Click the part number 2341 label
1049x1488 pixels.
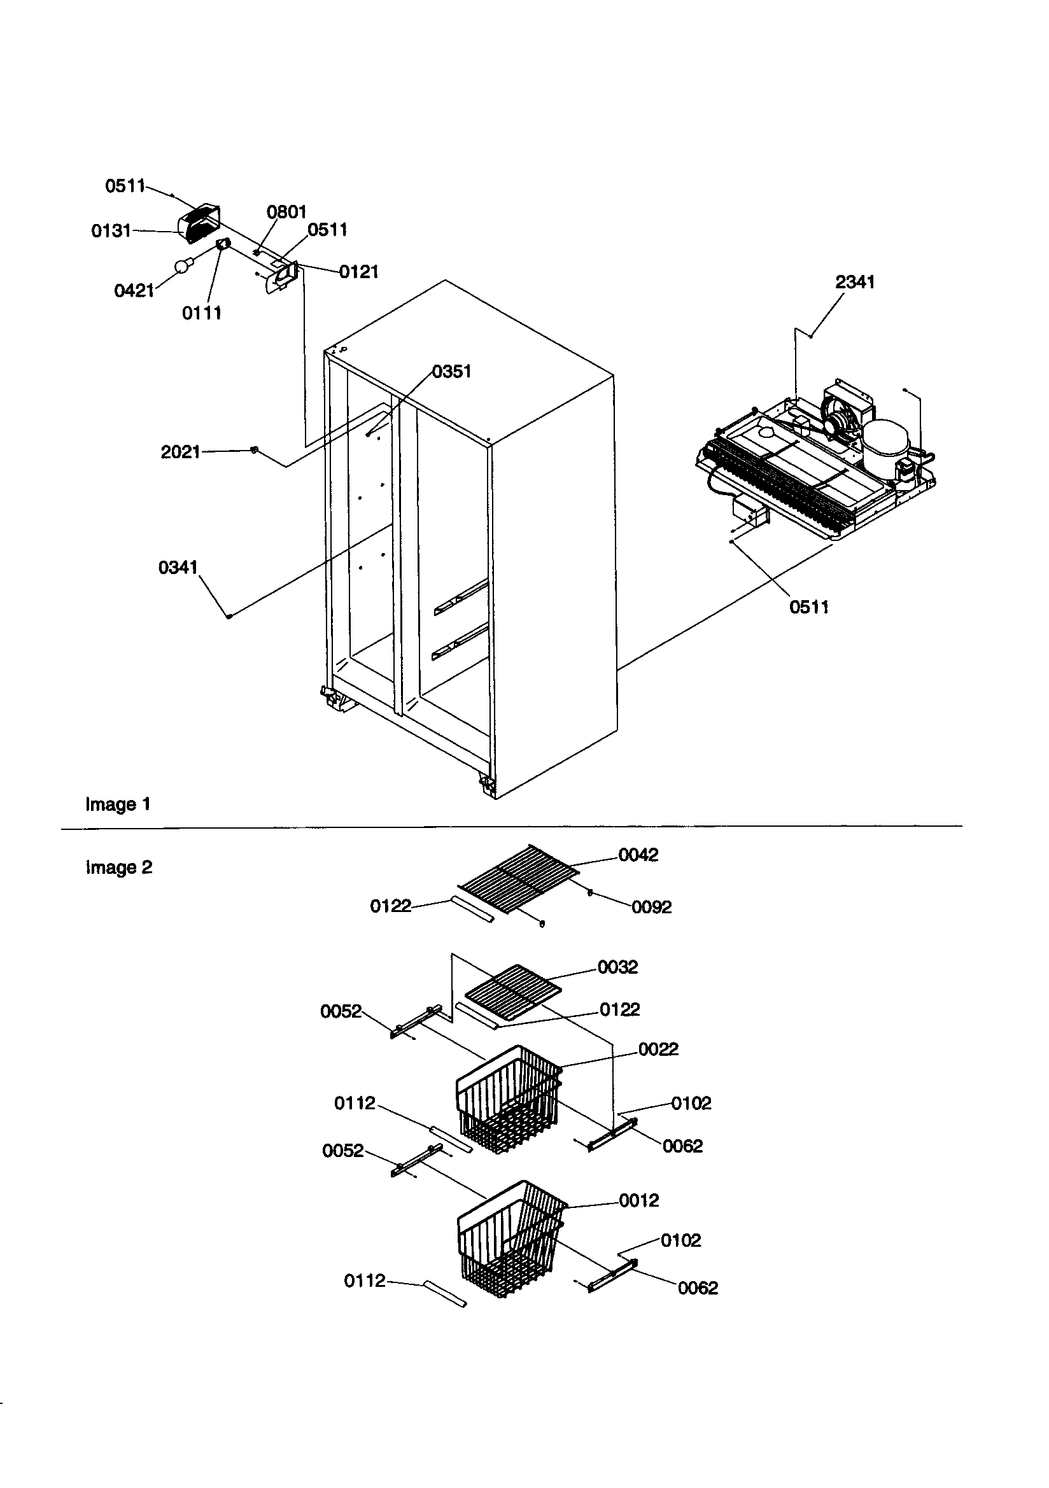coord(854,282)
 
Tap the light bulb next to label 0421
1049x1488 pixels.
coord(185,264)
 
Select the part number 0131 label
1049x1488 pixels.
coord(111,231)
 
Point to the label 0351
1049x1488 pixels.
coord(451,371)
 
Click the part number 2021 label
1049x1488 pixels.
coord(180,452)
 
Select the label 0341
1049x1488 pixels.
coord(178,568)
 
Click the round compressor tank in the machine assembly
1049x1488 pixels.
coord(886,442)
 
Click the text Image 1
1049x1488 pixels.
coord(118,804)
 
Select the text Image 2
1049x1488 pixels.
coord(118,867)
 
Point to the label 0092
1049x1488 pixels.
coord(652,907)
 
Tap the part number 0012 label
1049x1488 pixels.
coord(638,1200)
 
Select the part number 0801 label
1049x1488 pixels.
coord(286,212)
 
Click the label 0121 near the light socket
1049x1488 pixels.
coord(358,272)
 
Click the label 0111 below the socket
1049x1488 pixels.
coord(202,313)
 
